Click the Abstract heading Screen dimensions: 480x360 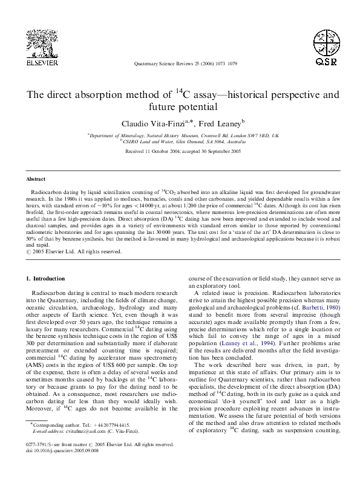coord(36,180)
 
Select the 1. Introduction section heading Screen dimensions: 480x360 coord(48,279)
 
